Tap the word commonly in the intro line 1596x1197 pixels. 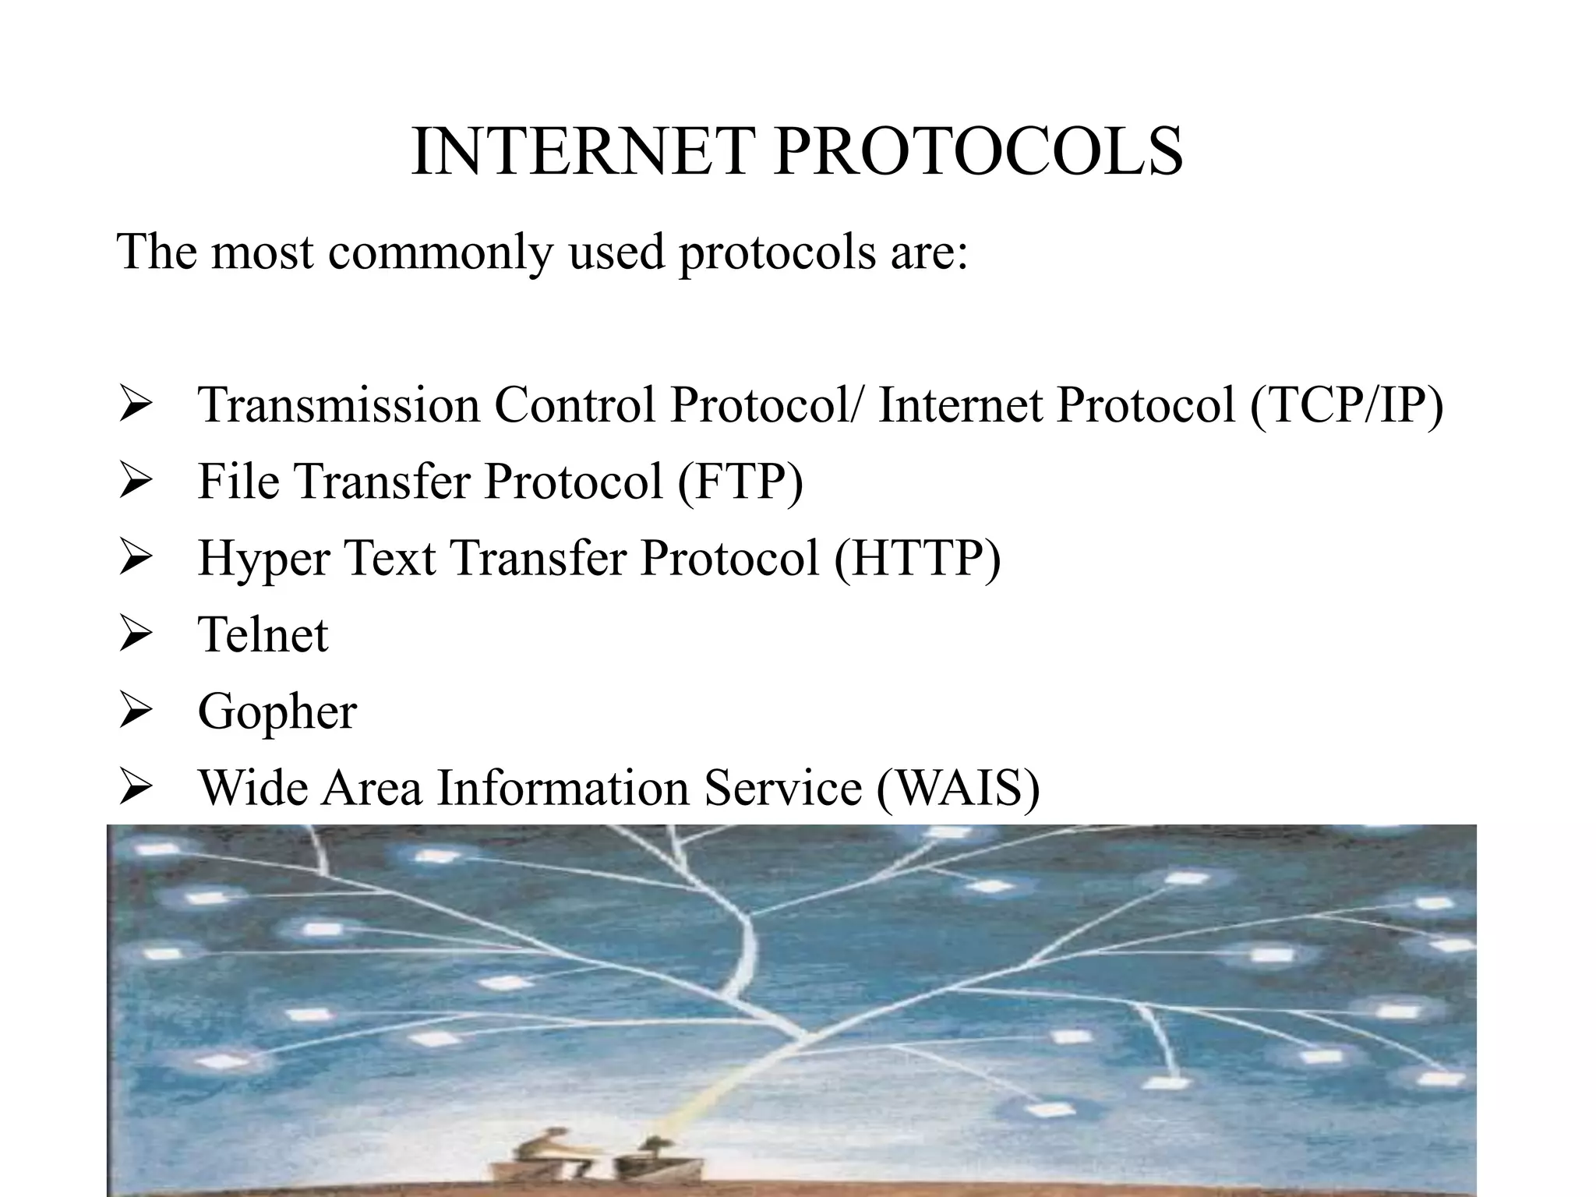point(439,252)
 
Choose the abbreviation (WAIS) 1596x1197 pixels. point(959,788)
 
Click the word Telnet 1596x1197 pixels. point(263,635)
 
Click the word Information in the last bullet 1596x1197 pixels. point(563,788)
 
